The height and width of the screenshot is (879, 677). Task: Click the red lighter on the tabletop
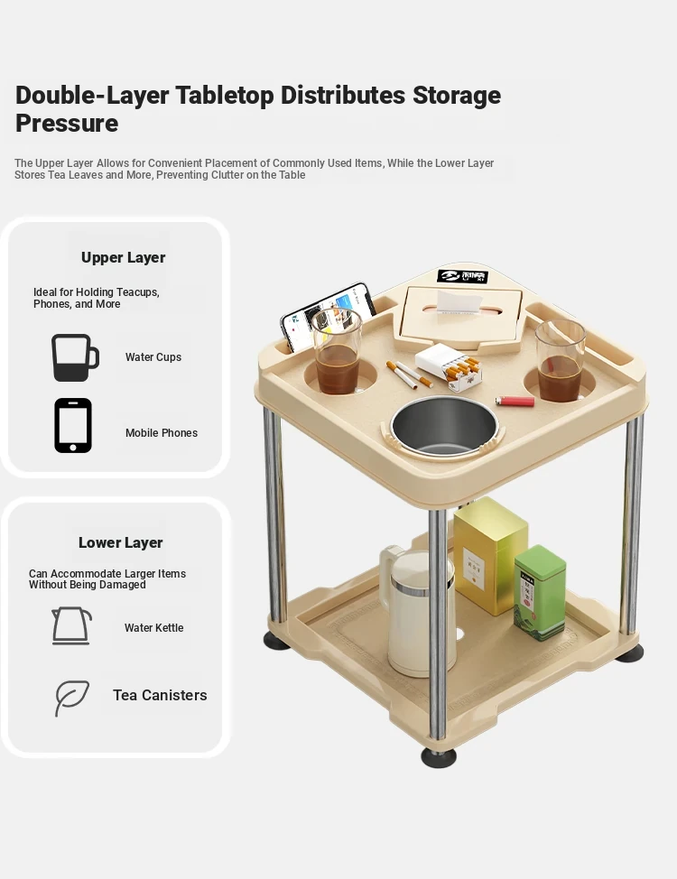coord(515,402)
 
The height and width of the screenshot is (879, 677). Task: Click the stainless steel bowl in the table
coord(444,427)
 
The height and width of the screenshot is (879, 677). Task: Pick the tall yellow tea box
coord(490,556)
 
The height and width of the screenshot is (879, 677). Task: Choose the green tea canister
coord(540,593)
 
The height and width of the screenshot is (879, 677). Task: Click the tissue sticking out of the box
coord(459,301)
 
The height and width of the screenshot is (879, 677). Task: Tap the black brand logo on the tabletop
coord(463,276)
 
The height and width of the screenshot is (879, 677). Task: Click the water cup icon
coord(75,357)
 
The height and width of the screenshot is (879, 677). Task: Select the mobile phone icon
coord(73,425)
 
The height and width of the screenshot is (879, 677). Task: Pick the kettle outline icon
coord(71,625)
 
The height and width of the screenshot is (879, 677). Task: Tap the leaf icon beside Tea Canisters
coord(71,698)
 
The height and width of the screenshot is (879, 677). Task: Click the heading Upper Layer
coord(124,257)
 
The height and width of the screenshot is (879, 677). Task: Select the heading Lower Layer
coord(121,542)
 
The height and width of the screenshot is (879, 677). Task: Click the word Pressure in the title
coord(67,124)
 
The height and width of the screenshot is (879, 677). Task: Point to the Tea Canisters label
coord(160,695)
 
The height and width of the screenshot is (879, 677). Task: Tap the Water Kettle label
coord(153,628)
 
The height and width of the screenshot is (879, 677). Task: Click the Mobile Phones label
coord(162,433)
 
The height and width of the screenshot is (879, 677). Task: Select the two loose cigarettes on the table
coord(409,374)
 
